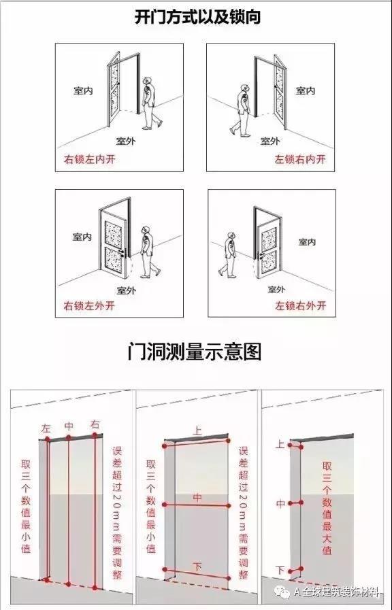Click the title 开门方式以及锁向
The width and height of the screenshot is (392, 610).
197,17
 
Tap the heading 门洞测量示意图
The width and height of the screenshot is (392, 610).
194,352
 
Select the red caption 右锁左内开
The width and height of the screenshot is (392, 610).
90,160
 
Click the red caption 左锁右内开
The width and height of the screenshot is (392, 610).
300,159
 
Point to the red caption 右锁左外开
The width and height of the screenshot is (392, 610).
89,306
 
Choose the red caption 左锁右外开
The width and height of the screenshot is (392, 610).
301,306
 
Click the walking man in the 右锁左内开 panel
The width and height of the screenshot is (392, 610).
150,103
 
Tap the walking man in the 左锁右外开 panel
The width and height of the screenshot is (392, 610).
228,255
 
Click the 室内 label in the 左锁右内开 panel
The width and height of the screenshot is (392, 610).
306,90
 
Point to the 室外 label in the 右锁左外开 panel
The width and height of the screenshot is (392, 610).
127,290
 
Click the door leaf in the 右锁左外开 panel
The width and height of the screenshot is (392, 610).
113,245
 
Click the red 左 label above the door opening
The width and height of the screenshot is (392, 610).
46,428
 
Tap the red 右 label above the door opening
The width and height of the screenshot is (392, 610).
95,424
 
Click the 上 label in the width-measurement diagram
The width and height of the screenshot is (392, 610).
197,430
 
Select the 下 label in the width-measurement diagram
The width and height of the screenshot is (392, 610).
197,566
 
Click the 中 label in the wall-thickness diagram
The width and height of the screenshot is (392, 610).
280,504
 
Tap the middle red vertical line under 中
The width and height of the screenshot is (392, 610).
69,511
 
